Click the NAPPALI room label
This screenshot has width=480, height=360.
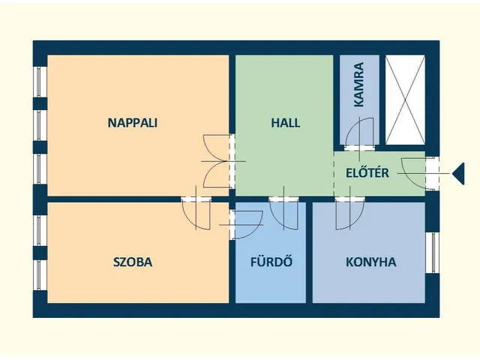pyautogui.click(x=132, y=123)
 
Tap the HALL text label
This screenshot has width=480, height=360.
pyautogui.click(x=285, y=123)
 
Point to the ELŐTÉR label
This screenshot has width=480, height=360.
pyautogui.click(x=367, y=173)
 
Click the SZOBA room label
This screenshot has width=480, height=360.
pyautogui.click(x=132, y=262)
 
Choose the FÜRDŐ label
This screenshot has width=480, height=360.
pyautogui.click(x=270, y=262)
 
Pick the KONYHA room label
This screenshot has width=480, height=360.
pyautogui.click(x=370, y=262)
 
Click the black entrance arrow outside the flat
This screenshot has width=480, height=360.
pyautogui.click(x=458, y=174)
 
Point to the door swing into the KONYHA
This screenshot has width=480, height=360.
pyautogui.click(x=349, y=214)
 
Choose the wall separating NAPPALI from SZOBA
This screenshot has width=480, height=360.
pyautogui.click(x=112, y=199)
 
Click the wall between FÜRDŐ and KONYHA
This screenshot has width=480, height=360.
pyautogui.click(x=309, y=255)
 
